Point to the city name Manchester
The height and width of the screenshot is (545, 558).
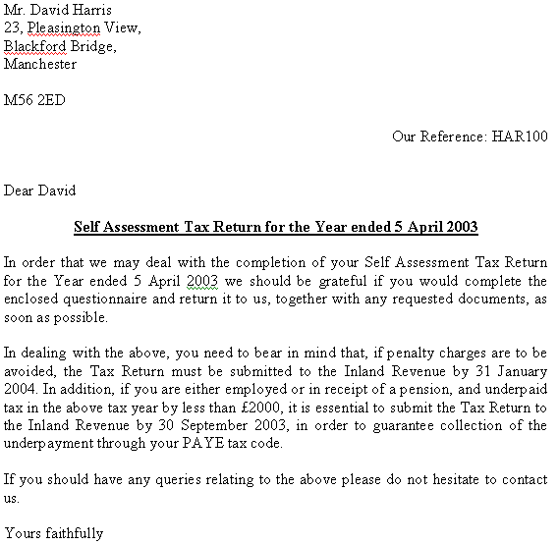pos(40,65)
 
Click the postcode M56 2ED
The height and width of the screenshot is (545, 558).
pos(35,100)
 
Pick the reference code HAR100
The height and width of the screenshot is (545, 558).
pos(519,136)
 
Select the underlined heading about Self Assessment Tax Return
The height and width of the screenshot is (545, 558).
pos(276,228)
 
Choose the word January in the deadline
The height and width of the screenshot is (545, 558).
pos(518,370)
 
